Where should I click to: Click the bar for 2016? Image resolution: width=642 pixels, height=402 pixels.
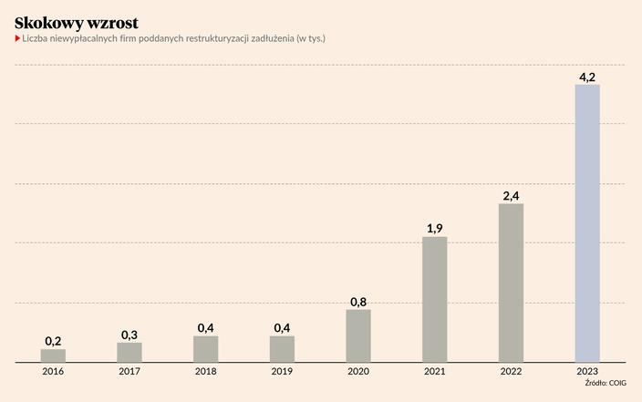pos(53,356)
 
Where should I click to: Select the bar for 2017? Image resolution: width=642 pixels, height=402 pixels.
pos(129,352)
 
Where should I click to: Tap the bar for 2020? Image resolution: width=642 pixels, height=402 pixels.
pos(358,335)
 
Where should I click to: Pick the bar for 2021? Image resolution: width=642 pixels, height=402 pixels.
pos(434,299)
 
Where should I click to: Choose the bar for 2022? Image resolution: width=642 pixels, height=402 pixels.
pos(511,283)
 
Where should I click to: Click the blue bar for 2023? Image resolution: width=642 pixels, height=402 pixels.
pos(587,223)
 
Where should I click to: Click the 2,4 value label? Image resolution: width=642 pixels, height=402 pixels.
pos(511,196)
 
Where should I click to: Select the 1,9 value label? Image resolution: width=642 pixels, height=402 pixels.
pos(434,229)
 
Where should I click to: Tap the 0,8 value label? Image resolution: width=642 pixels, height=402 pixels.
pos(358,302)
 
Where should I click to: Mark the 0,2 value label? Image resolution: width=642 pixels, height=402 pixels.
pos(53,341)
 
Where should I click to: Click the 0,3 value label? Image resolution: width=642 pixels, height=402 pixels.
pos(129,335)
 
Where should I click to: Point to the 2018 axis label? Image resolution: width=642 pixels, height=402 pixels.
pos(205,372)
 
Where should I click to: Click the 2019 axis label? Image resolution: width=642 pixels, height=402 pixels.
pos(282,372)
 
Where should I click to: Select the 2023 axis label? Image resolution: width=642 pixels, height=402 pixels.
pos(587,372)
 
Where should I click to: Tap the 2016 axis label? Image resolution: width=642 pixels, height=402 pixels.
pos(53,372)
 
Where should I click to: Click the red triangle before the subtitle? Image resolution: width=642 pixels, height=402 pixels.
pos(17,39)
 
